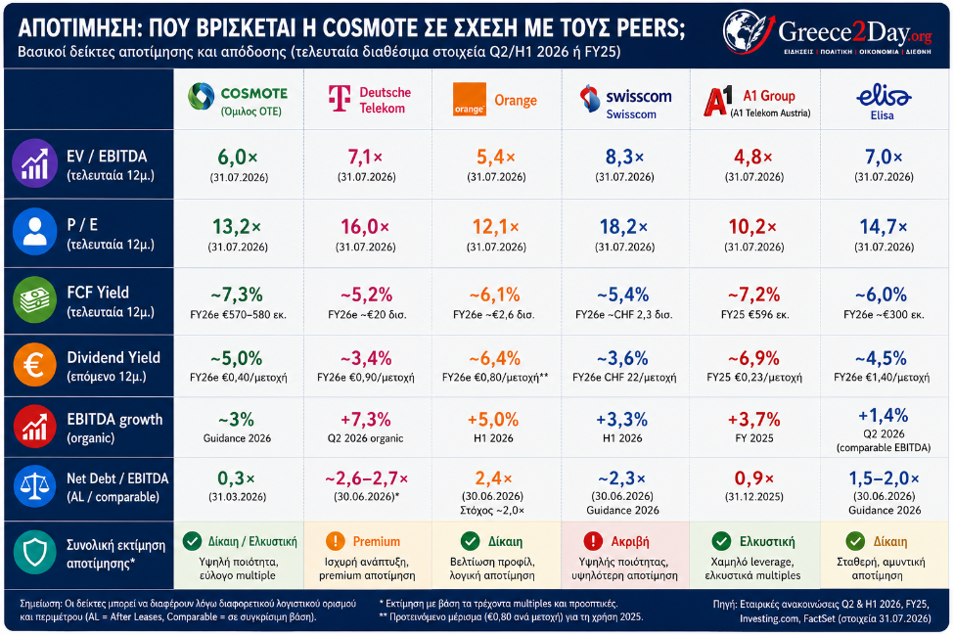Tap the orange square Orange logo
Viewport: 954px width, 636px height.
coord(469,99)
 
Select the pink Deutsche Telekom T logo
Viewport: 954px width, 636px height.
coord(339,99)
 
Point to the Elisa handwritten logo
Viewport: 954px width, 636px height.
coord(883,95)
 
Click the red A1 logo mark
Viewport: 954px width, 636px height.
coord(718,101)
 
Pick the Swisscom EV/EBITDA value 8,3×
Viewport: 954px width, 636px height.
coord(624,157)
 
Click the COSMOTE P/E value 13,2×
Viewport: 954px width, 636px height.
coord(237,227)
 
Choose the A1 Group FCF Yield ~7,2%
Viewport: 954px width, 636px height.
coord(753,295)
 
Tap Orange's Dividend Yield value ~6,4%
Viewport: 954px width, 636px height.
coord(495,358)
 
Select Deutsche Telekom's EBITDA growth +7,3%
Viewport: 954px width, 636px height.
coord(365,420)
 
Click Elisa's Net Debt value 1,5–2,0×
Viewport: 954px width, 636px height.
coord(884,478)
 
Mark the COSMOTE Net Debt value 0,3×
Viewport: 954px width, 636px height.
coord(237,478)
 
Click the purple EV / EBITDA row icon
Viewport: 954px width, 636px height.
coord(34,163)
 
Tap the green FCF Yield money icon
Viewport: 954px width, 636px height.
coord(34,300)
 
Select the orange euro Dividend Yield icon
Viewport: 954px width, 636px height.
coord(34,365)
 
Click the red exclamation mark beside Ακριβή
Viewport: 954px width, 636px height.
coord(592,540)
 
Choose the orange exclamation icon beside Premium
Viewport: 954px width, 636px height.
coord(336,540)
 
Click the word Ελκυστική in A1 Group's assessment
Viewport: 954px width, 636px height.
coord(767,541)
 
